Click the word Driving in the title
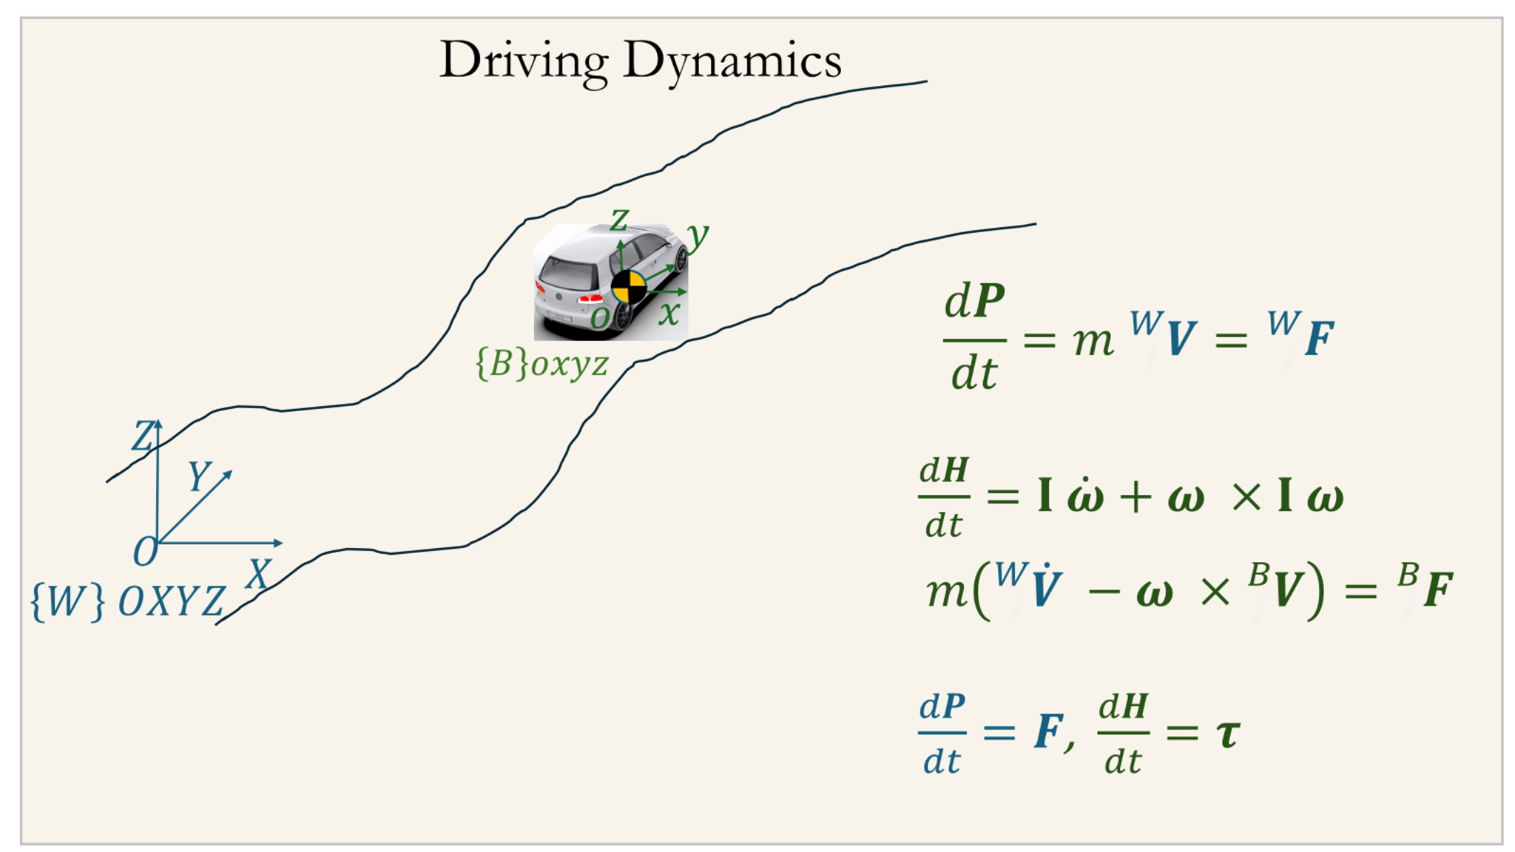point(524,61)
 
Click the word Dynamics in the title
point(732,61)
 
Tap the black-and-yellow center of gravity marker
point(628,287)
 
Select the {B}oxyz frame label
point(542,364)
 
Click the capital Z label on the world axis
point(143,436)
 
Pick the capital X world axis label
point(259,574)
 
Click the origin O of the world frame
point(146,552)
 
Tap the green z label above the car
point(618,220)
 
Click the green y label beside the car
point(697,235)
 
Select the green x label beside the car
point(669,314)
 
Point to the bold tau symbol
point(1228,734)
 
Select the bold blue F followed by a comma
point(1049,732)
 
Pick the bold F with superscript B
point(1438,590)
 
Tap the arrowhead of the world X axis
point(278,544)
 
